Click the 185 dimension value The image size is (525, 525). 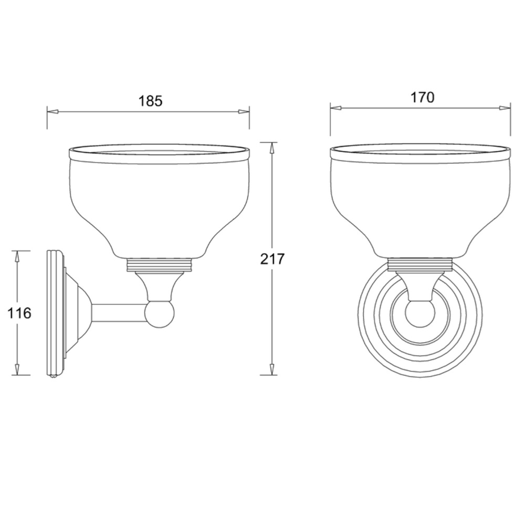click(150, 101)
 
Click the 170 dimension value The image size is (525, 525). click(422, 98)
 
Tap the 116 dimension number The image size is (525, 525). click(19, 313)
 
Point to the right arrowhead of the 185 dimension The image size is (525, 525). click(244, 111)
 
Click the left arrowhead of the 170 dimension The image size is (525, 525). click(336, 108)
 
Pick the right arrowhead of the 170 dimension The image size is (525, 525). click(505, 108)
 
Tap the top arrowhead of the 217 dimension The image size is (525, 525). click(272, 148)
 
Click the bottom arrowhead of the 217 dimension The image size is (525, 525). click(272, 369)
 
